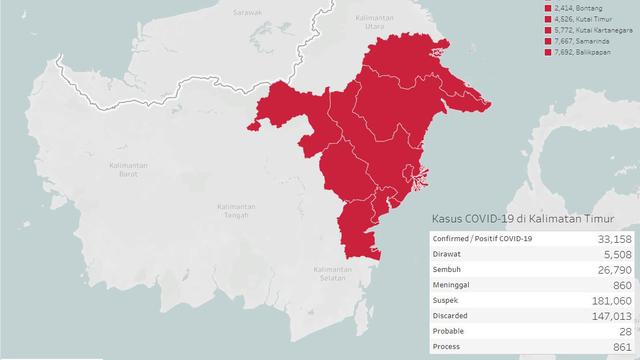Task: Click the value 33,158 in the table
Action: coord(612,239)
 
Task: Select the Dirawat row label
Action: coord(449,254)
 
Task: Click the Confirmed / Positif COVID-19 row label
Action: coord(483,239)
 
